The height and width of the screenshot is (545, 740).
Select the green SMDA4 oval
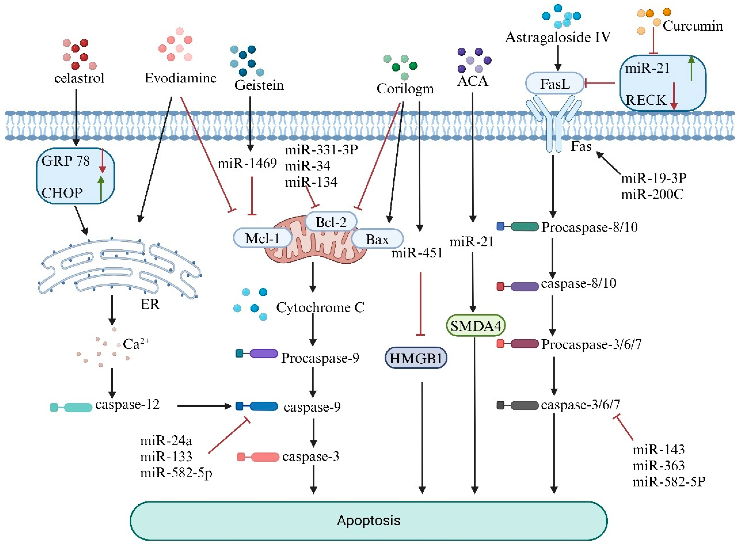coord(475,326)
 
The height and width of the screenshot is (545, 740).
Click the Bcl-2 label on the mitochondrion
coord(331,222)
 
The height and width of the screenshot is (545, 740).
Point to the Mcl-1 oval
coord(262,238)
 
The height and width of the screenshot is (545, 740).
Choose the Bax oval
coord(377,239)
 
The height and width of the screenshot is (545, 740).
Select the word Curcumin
coord(693,26)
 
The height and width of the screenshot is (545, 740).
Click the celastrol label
coord(79,78)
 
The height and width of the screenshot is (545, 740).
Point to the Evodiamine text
coord(180,78)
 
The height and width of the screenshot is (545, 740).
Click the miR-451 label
coord(417,253)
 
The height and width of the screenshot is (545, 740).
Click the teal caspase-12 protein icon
coord(71,407)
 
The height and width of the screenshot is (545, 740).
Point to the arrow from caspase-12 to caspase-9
coord(204,406)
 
